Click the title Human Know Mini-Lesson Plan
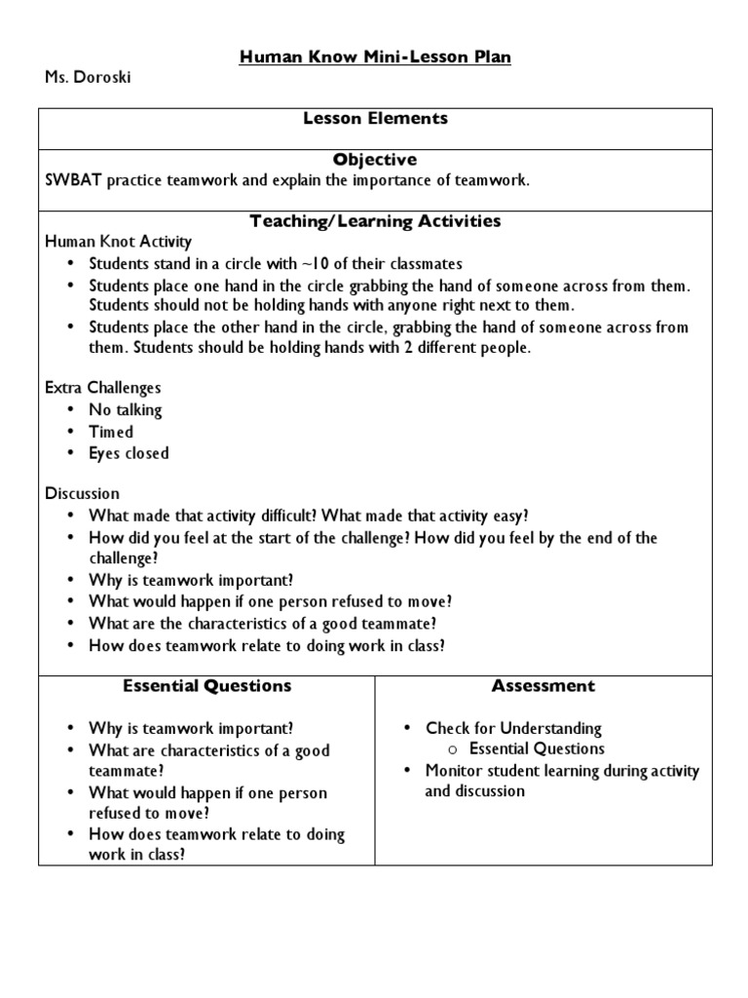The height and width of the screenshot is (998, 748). (x=375, y=58)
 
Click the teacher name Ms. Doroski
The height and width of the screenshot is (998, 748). (x=88, y=78)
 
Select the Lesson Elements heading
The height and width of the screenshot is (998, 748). (x=375, y=118)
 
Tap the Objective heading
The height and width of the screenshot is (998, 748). (x=375, y=159)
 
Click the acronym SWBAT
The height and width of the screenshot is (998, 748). (x=74, y=180)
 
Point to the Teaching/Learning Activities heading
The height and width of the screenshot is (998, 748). (x=375, y=221)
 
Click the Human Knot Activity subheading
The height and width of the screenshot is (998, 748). (x=119, y=242)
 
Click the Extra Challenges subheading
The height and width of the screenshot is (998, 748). (x=103, y=388)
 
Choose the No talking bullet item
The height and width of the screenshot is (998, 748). (x=126, y=410)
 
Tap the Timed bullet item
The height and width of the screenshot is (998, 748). (x=111, y=432)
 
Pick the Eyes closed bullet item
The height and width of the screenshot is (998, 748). (x=129, y=453)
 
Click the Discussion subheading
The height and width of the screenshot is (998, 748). (x=83, y=494)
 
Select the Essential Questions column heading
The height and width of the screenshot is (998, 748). (x=206, y=686)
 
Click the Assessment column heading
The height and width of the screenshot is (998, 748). (x=542, y=686)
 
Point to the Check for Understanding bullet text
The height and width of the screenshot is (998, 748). (x=513, y=728)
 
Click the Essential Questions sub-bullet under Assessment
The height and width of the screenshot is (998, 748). (x=537, y=749)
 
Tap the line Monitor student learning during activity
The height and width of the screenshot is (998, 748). (x=562, y=771)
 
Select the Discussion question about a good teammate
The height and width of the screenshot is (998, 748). (x=262, y=624)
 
